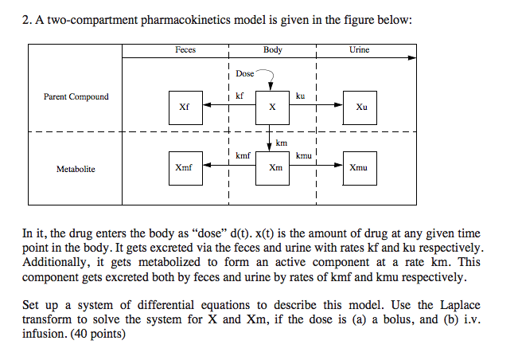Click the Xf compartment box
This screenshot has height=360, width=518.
point(185,106)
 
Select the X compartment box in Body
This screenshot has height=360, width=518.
point(272,106)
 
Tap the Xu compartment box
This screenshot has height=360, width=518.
point(361,106)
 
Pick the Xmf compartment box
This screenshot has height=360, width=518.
point(185,168)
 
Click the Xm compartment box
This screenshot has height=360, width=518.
point(275,168)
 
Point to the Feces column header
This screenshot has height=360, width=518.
point(185,49)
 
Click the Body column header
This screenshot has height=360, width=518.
point(273,49)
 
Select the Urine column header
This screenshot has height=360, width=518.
point(359,49)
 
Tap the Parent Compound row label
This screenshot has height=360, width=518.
point(76,97)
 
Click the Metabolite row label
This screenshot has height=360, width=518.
point(76,169)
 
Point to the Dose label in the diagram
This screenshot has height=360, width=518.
point(245,73)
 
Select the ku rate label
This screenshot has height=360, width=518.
point(300,96)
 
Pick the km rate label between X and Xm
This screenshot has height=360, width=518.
point(282,143)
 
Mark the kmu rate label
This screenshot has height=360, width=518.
point(303,155)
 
